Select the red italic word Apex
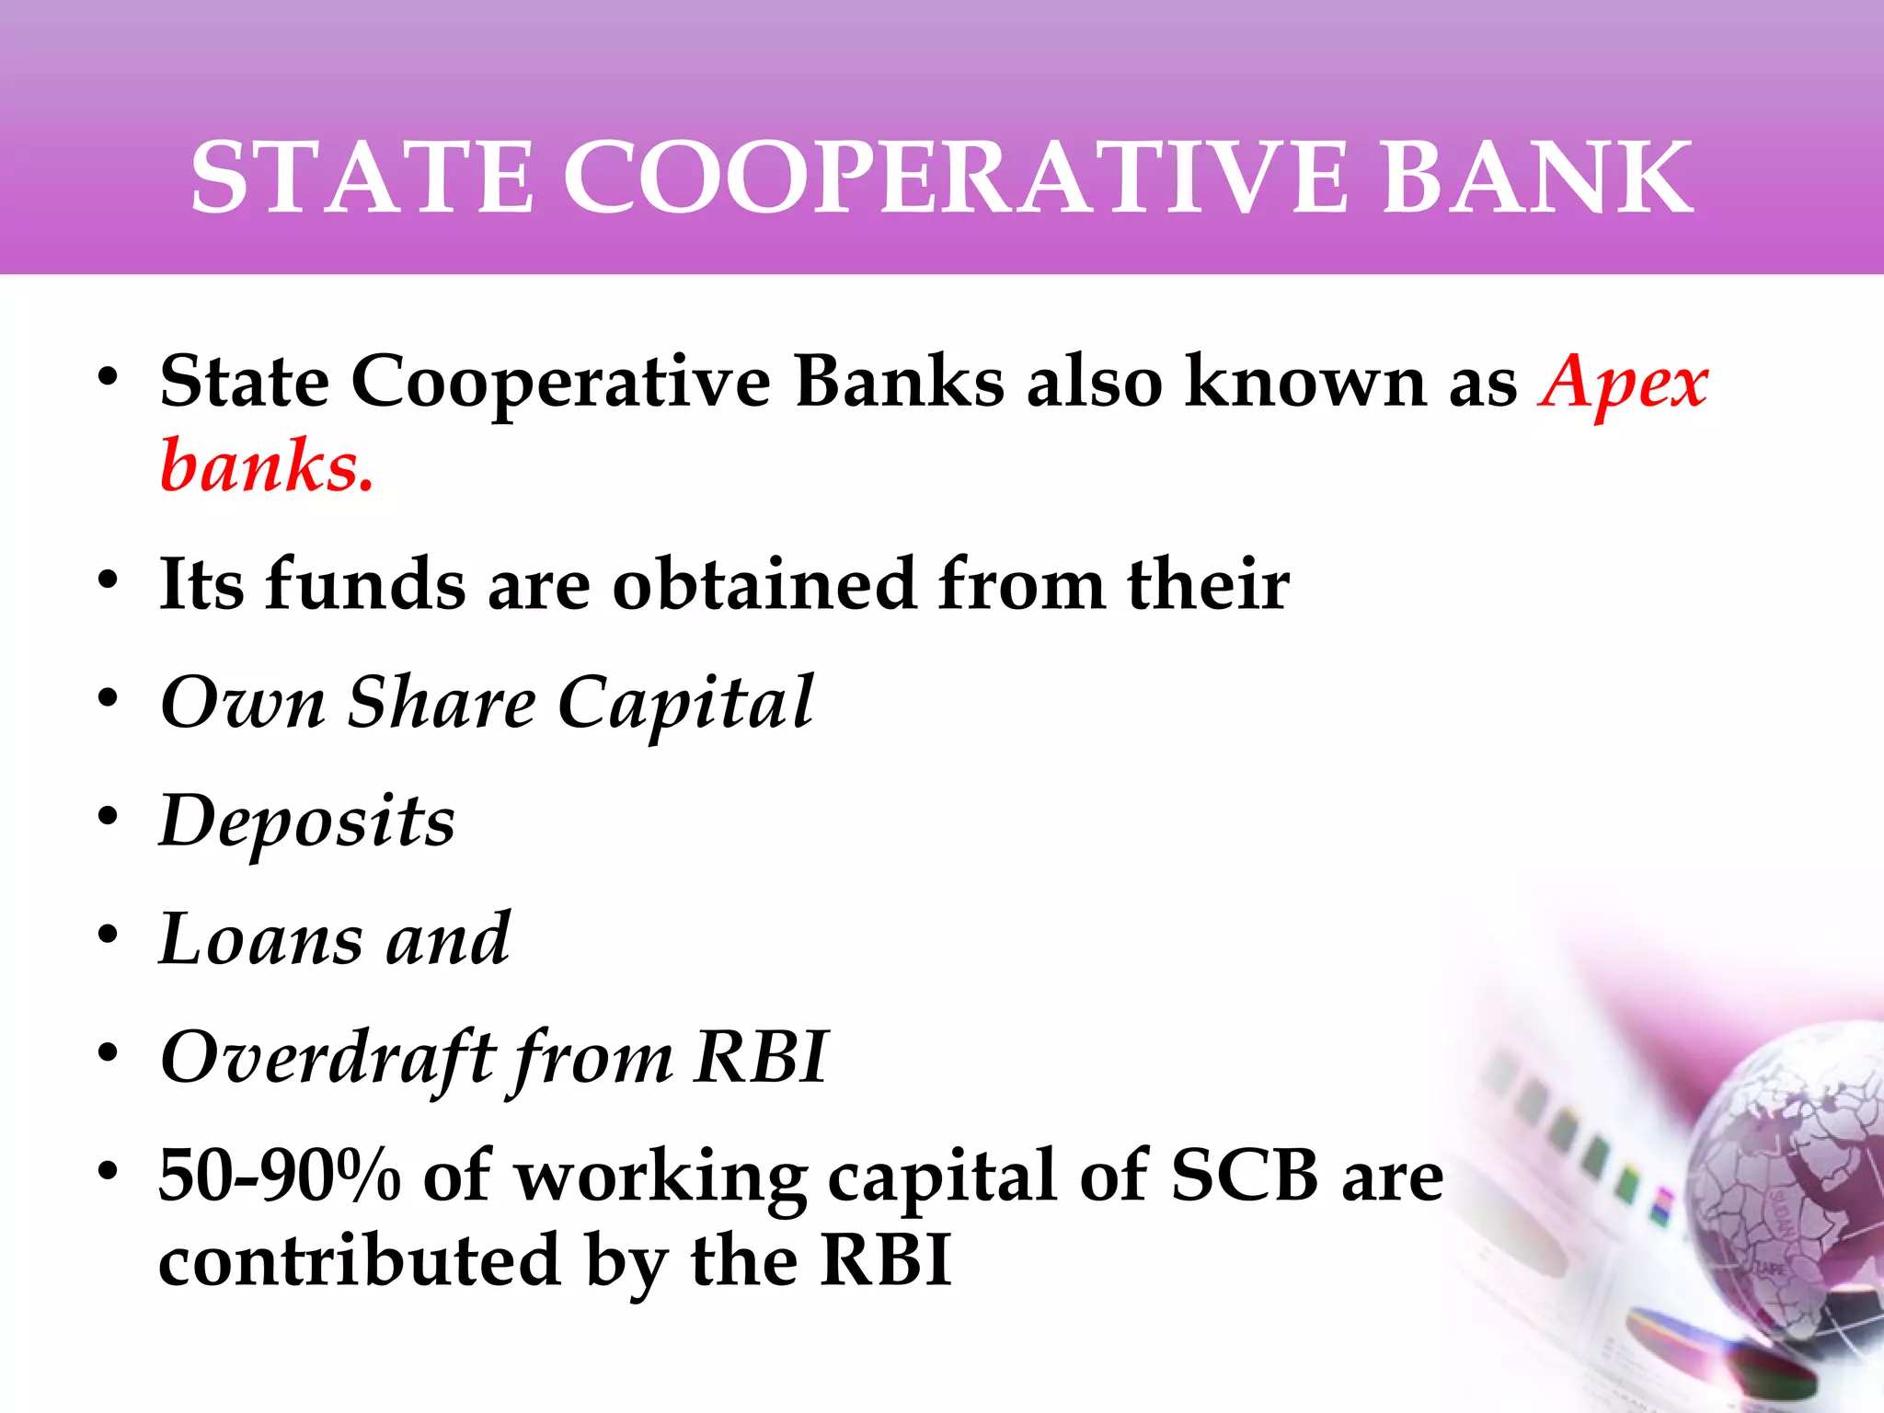coord(1623,383)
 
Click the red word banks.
coord(267,466)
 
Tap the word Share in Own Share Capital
coord(442,703)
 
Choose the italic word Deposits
coord(307,821)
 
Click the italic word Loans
coord(261,939)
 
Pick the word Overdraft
coord(327,1057)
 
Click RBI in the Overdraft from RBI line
coord(761,1057)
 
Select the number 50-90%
coord(280,1176)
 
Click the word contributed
coord(360,1260)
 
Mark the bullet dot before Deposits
coord(109,816)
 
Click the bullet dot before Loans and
coord(109,934)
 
